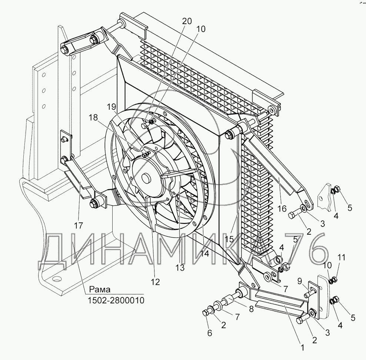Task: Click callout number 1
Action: pos(302,348)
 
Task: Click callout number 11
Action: pos(341,257)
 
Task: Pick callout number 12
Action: pos(155,282)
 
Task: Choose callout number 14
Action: pos(205,254)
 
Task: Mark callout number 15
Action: pos(229,239)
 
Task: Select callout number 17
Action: pos(78,225)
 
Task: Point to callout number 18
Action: pos(93,118)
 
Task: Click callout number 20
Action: pos(187,21)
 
